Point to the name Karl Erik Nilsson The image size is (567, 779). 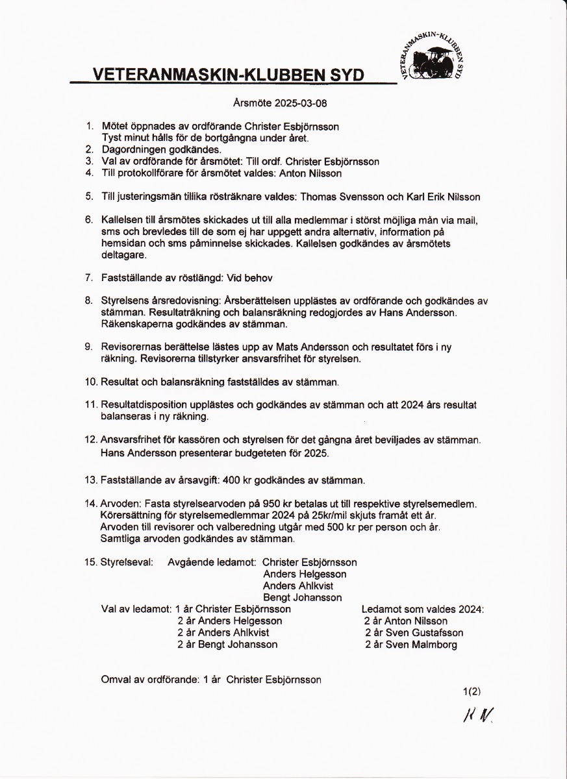point(440,197)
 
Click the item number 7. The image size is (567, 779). point(89,278)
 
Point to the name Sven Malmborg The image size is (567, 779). point(421,645)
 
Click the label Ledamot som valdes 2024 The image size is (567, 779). point(422,610)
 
